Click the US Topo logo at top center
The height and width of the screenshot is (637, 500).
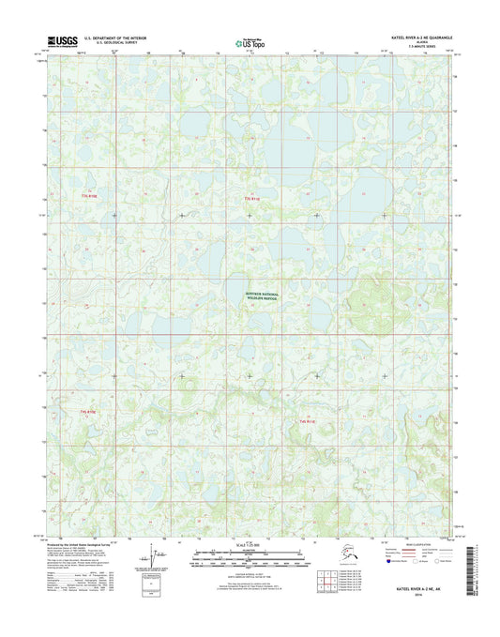coord(250,41)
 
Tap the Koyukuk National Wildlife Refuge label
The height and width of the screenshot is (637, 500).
coord(250,296)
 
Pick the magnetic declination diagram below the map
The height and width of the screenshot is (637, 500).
coord(156,560)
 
